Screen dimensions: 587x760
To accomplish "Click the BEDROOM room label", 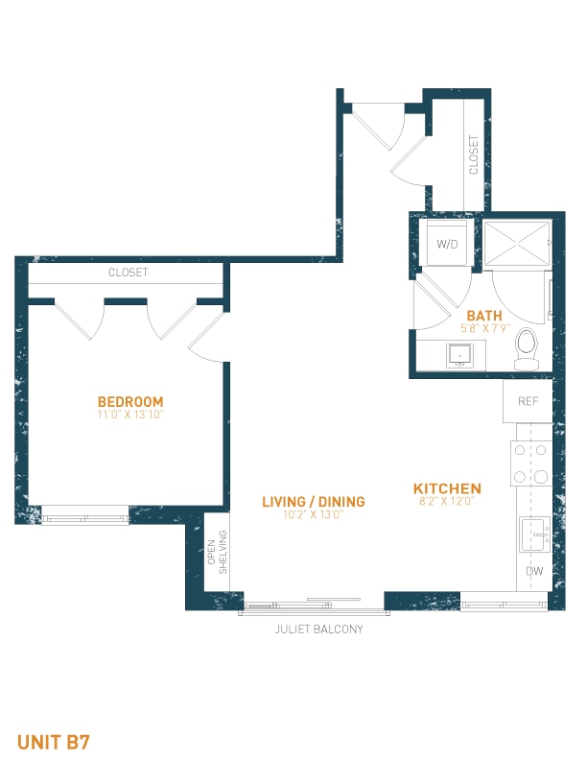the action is coord(130,401).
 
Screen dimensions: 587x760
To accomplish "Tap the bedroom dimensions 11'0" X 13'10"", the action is coord(130,415).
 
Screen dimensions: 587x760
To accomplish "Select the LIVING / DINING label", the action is coord(314,502).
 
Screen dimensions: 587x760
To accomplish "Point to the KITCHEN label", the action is coord(447,488).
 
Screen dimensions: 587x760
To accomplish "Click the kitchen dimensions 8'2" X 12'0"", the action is coord(447,501).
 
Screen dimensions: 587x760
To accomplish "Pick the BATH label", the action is coord(484,316).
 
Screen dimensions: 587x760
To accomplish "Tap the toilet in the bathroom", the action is coord(527,349).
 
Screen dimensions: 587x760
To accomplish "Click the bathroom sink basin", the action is coord(459,355).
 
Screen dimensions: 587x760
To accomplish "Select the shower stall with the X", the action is coord(517,244).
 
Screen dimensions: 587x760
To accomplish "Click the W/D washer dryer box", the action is coord(447,244).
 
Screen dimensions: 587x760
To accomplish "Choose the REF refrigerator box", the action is coord(528,401).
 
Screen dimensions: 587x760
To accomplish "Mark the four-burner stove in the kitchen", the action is coord(530,463).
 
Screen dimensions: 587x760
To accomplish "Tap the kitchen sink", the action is coord(535,534).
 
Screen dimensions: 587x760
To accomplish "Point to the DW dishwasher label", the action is coord(534,571).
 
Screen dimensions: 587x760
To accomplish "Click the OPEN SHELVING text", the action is coord(217,552).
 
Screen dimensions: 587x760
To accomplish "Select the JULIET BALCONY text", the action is coord(318,629).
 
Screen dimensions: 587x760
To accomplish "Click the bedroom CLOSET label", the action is coord(128,273).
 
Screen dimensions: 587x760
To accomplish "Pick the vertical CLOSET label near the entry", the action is coord(474,154).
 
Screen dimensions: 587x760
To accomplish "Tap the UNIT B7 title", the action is coord(54,742).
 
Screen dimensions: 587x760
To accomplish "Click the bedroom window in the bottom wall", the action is coord(85,515).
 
